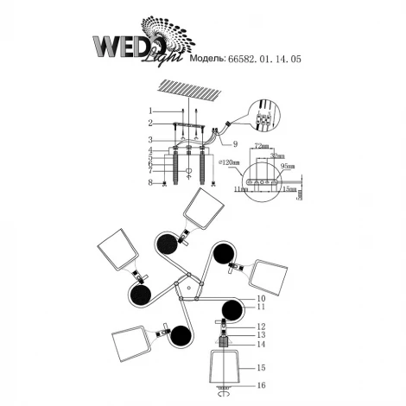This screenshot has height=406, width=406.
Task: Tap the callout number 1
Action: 149,111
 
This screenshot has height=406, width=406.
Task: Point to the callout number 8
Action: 149,182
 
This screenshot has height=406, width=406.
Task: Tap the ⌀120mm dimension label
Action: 231,162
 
